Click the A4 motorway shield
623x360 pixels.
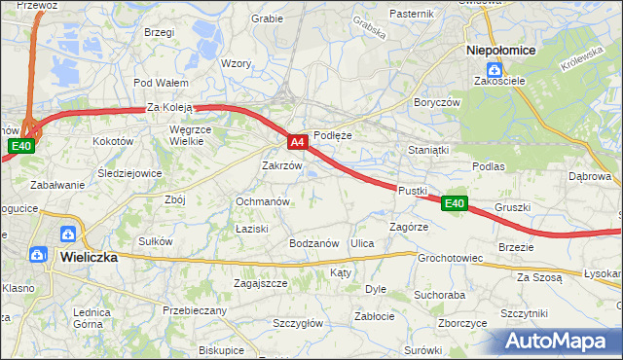tap(299, 143)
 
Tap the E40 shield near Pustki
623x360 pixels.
tap(455, 203)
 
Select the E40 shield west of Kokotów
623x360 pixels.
tap(21, 146)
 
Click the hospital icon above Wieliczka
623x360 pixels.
tap(69, 234)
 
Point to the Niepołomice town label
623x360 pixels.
tap(496, 49)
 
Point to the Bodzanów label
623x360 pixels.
tap(312, 243)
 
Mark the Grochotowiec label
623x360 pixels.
tap(451, 259)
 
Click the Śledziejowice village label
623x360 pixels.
tap(129, 173)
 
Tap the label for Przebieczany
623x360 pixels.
tap(195, 310)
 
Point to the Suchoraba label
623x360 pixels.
tap(439, 294)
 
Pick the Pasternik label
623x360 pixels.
tap(411, 14)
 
